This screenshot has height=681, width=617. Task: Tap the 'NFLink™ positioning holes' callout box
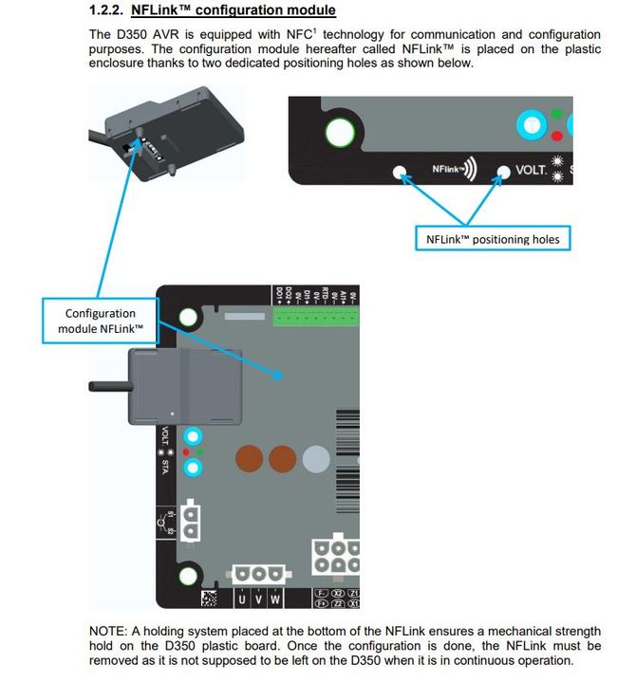[493, 239]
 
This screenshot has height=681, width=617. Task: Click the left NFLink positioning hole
[400, 174]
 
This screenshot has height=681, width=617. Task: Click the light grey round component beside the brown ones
[315, 459]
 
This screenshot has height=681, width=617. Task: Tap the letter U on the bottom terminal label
[241, 599]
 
